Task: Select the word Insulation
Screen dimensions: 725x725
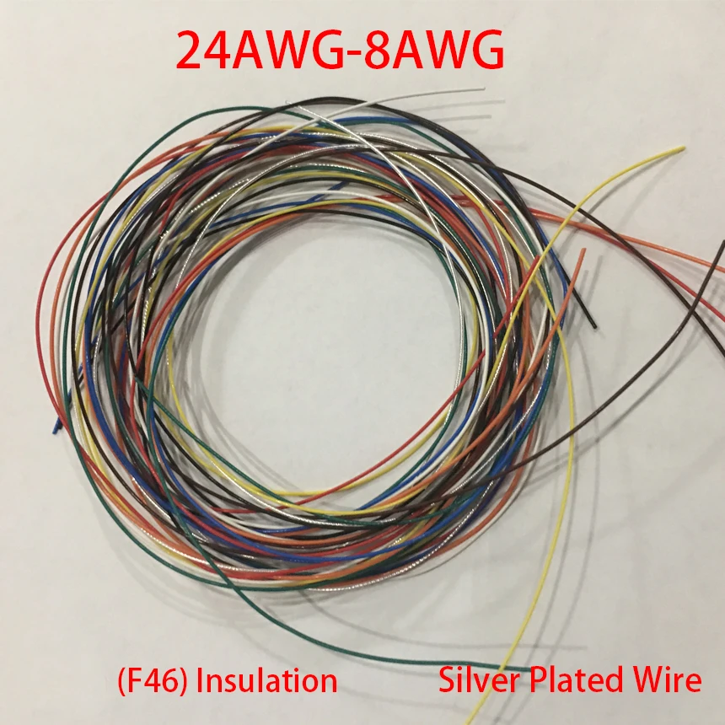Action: click(266, 679)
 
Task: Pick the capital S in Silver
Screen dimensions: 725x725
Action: click(446, 679)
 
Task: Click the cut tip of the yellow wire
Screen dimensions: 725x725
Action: click(682, 150)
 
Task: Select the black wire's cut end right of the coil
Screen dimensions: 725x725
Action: click(595, 325)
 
